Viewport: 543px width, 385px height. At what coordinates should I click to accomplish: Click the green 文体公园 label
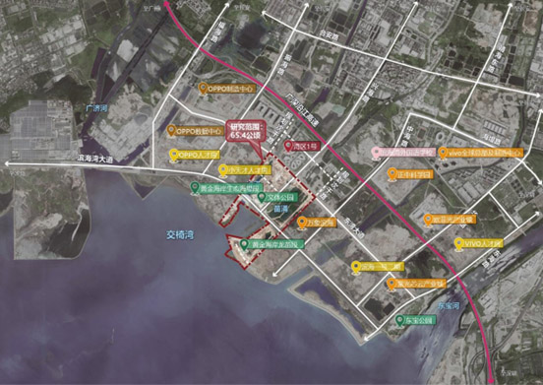pyautogui.click(x=281, y=197)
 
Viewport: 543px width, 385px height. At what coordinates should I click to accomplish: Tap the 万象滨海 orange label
pyautogui.click(x=321, y=223)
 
